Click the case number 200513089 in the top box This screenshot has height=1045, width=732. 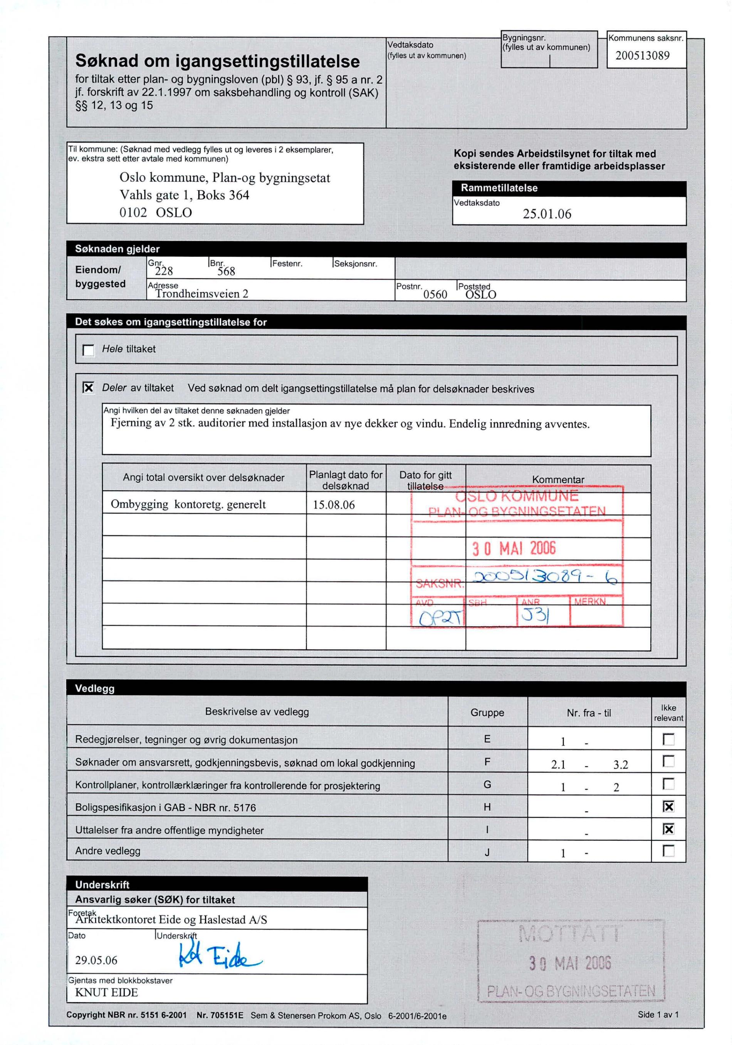click(642, 55)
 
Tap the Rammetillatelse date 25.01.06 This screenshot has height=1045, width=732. click(547, 214)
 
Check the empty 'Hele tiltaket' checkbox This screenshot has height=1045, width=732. click(88, 350)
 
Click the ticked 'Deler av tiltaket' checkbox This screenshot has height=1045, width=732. click(88, 388)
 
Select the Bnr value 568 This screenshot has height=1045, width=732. click(226, 272)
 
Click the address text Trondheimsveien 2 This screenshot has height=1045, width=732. click(202, 294)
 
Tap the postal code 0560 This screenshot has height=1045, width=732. click(435, 294)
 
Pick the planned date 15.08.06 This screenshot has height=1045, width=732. click(333, 505)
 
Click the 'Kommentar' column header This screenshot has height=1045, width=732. click(557, 479)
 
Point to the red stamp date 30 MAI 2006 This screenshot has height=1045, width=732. click(514, 548)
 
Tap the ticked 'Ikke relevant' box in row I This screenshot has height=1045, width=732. click(668, 829)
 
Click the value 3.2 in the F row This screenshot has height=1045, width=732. click(620, 765)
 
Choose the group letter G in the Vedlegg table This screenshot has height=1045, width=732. click(487, 784)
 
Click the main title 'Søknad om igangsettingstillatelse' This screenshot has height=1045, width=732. click(217, 61)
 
